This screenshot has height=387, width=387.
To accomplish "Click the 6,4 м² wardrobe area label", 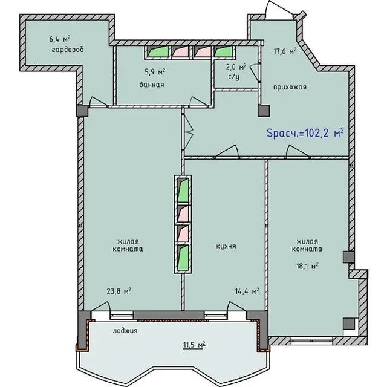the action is pos(60,39).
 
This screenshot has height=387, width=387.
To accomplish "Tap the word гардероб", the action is pos(68,50).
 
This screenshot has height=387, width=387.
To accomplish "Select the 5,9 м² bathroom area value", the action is pos(155,72).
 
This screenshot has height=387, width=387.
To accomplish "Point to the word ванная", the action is pos(152,85).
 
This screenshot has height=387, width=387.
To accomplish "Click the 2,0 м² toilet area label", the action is pos(236,67).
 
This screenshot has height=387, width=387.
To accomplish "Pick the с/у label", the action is pos(234,77).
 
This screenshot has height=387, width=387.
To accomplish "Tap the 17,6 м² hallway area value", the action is pos(285,51).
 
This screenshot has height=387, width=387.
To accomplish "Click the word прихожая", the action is pos(290,87).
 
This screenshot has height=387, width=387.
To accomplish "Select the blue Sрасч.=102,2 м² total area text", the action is pos(305,133).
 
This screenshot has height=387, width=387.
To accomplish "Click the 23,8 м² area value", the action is pos(119,291).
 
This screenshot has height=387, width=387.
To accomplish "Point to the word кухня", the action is pos(226,246).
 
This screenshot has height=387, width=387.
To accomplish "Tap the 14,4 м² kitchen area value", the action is pos(247,291).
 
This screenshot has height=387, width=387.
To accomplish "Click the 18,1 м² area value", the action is pos(307,266).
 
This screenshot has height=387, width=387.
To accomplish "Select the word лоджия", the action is pos(125,331).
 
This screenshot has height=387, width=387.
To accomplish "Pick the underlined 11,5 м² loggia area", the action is pos(194,345).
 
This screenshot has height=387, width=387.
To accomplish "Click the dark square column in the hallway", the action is pos(264,111).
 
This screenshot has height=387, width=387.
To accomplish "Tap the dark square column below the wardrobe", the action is pos(82,111).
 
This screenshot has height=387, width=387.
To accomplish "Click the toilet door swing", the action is pos(254,71).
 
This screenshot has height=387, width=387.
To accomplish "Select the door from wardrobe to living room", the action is pos(98,102).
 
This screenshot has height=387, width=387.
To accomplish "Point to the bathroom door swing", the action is pos(199,102).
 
